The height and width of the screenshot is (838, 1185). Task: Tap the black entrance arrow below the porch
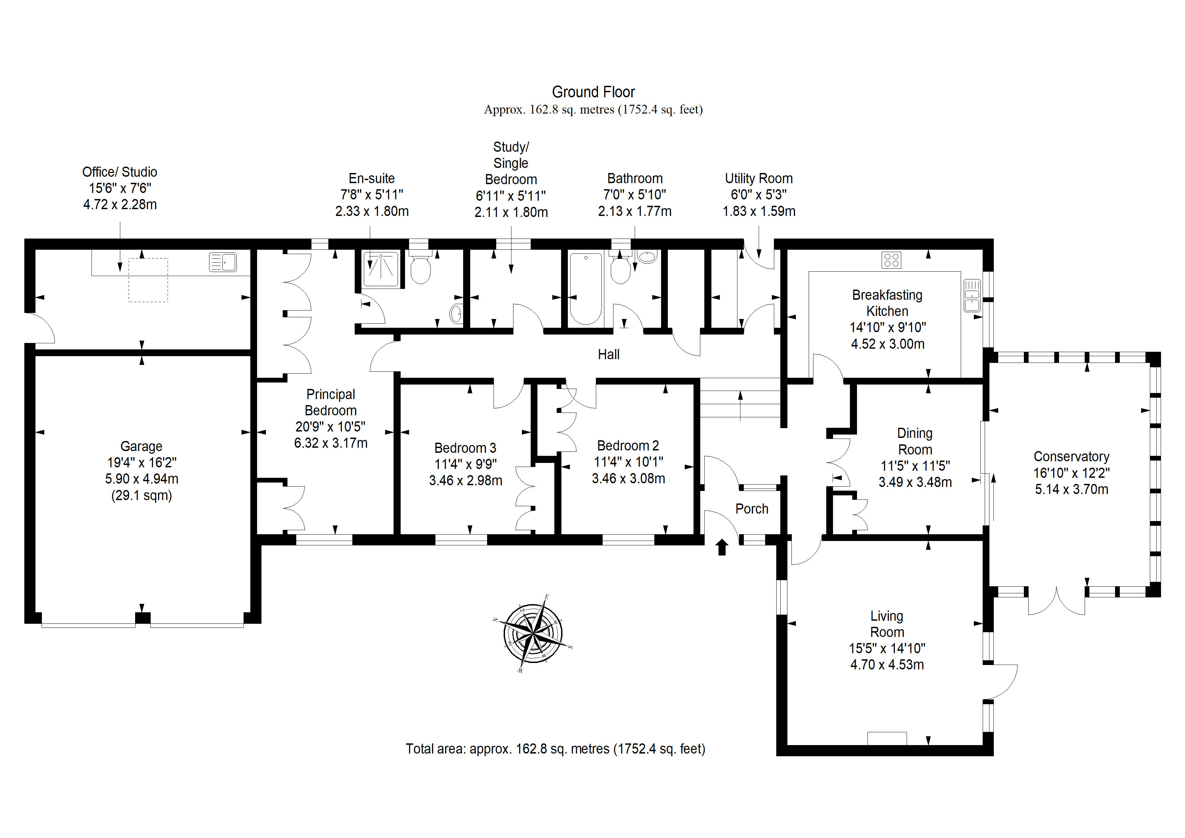(722, 547)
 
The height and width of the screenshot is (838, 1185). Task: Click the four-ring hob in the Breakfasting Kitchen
(891, 260)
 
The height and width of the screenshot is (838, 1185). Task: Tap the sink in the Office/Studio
(223, 262)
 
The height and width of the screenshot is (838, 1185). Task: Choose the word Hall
(608, 355)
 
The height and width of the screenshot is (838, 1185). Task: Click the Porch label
(752, 509)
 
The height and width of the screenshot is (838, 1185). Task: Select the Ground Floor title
(594, 92)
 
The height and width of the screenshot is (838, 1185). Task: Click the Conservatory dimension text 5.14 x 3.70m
(1071, 490)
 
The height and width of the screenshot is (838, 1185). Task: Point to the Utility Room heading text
(759, 179)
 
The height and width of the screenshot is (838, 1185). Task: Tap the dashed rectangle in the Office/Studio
(148, 280)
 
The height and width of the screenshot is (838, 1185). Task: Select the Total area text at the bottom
(555, 749)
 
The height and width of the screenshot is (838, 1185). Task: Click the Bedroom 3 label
(465, 448)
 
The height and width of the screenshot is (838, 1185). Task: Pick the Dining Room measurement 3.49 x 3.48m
(915, 482)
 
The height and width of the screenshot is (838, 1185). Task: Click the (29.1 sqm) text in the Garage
(142, 496)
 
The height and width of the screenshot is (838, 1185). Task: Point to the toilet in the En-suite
(420, 268)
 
